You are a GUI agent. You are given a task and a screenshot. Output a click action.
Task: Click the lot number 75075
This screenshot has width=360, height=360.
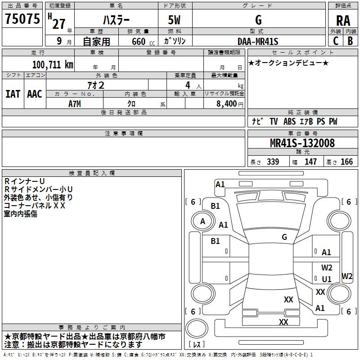pos(22,19)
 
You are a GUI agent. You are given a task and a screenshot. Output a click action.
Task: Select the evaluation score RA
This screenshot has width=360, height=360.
pos(343,20)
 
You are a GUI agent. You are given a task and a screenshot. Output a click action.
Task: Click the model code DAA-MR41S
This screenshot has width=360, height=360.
pos(258,41)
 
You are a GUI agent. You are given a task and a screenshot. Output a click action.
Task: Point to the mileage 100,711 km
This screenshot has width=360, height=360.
pos(52,64)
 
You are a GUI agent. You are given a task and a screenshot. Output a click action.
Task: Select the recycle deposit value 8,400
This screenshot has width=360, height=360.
pos(227,103)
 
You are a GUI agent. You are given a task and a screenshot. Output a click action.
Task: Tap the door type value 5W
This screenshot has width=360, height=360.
pos(175,20)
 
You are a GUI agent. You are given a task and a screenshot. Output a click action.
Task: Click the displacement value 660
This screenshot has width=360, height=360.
pos(139,41)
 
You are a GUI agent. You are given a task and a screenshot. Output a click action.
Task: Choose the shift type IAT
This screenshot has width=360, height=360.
pos(13,94)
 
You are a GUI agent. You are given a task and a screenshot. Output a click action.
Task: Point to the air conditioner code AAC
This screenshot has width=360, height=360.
pos(34,94)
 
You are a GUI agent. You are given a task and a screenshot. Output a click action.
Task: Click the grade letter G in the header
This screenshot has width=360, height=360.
pos(258,20)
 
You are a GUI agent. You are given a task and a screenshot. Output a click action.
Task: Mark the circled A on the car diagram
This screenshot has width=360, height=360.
pos(202,221)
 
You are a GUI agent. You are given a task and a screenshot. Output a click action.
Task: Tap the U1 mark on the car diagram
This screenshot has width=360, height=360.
pos(327,279)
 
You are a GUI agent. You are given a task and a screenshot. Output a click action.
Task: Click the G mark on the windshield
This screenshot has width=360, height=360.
pos(284,237)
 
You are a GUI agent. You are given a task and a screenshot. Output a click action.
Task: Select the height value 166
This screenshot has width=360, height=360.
pos(347,162)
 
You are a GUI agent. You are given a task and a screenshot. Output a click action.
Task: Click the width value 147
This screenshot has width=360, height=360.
pos(310,162)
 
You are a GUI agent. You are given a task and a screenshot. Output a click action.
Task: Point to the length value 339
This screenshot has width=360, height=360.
pos(273,162)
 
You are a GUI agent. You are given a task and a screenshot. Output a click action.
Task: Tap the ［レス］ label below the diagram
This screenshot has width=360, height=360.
pos(197,345)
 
